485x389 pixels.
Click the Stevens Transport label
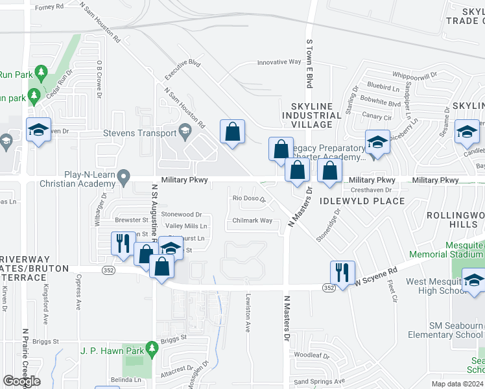coord(139,134)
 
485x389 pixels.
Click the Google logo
coord(21,381)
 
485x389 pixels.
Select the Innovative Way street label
coord(279,62)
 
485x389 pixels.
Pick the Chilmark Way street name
coord(252,220)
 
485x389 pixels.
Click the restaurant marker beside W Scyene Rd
coord(342,272)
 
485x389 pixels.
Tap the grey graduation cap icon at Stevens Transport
coord(186,133)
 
